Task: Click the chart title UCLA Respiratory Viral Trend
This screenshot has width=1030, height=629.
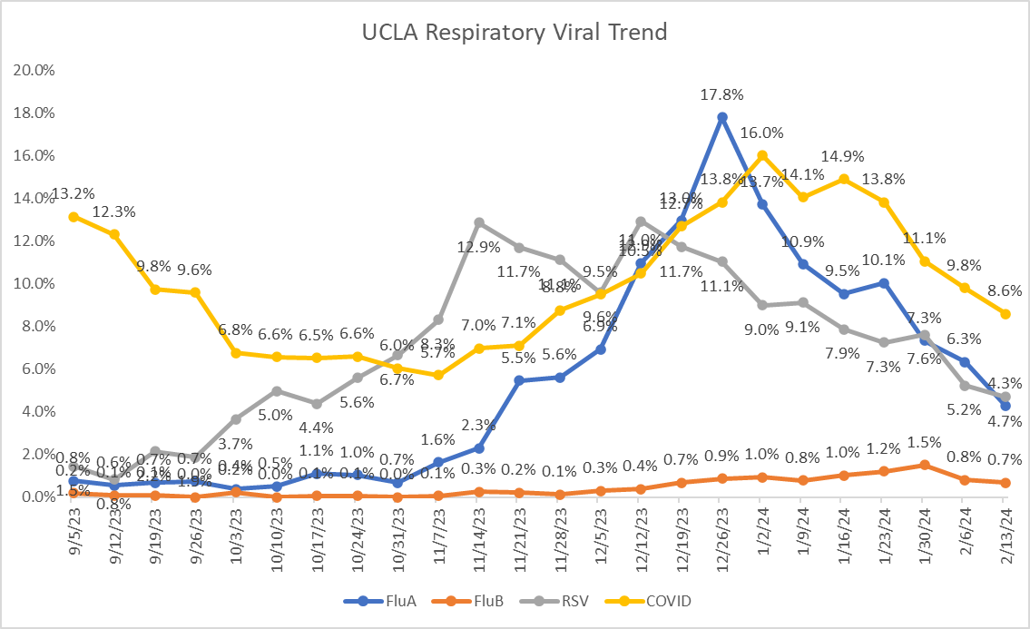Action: (x=515, y=33)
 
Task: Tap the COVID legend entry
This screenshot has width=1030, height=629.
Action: (x=661, y=600)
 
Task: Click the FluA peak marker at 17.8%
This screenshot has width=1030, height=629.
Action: (x=722, y=117)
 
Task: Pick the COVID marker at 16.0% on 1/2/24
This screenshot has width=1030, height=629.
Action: (x=762, y=155)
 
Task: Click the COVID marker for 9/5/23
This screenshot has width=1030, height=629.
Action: (x=73, y=216)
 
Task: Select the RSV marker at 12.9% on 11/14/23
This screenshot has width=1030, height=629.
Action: (x=479, y=222)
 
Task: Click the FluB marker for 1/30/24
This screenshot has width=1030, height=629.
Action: (x=924, y=465)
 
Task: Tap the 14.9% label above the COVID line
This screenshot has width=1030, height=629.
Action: (x=841, y=156)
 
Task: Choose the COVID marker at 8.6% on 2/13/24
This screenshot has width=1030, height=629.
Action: (x=1005, y=313)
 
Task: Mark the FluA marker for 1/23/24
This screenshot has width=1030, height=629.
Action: (x=884, y=282)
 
